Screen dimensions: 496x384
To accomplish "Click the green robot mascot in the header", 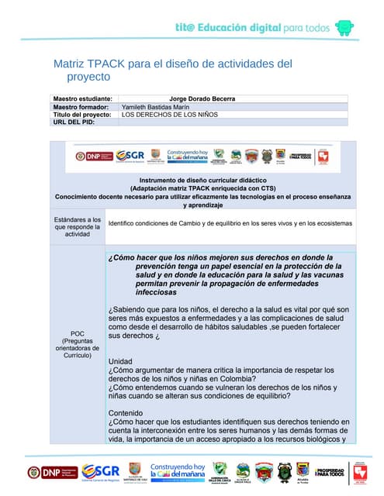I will point(344,27).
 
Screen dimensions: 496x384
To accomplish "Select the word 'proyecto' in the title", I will point(88,77).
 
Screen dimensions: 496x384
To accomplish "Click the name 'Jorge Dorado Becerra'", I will point(202,99).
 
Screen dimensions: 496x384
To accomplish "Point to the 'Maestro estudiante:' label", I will point(82,99).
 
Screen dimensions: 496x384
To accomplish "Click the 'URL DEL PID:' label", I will point(74,122).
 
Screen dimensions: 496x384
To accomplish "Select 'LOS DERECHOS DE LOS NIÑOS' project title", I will point(170,115).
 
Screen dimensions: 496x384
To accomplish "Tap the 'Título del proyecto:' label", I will point(82,115).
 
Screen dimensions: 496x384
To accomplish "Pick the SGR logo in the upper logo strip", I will point(130,157).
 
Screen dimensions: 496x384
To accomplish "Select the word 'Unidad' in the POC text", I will point(120,362).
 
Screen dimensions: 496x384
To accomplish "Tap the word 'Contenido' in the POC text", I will point(126,412).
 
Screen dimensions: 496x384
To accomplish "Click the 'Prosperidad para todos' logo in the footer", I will point(330,472).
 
